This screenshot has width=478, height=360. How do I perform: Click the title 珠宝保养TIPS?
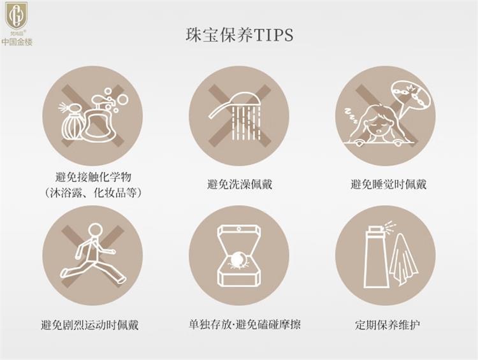pos(240,35)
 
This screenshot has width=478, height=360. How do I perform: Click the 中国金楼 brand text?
pos(17,42)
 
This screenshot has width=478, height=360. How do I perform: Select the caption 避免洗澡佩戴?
pos(240,184)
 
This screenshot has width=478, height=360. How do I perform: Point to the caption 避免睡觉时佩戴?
pos(388,184)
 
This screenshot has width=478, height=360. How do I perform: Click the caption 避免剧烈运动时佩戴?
pos(90,325)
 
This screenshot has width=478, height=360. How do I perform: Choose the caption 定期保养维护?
pos(387,325)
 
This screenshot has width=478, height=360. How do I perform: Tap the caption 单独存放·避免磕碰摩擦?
pos(245,324)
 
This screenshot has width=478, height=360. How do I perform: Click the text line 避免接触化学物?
pos(93,176)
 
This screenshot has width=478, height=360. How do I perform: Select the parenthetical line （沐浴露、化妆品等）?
pos(93,192)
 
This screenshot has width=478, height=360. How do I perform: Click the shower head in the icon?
pos(235,104)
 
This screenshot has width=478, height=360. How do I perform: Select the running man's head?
pos(96,231)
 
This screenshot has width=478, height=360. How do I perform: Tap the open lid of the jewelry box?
pos(239,240)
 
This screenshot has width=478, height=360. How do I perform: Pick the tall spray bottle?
pos(377,257)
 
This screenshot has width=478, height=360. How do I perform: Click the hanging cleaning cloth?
pos(403,259)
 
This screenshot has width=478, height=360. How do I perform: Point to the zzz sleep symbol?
pos(351,115)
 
